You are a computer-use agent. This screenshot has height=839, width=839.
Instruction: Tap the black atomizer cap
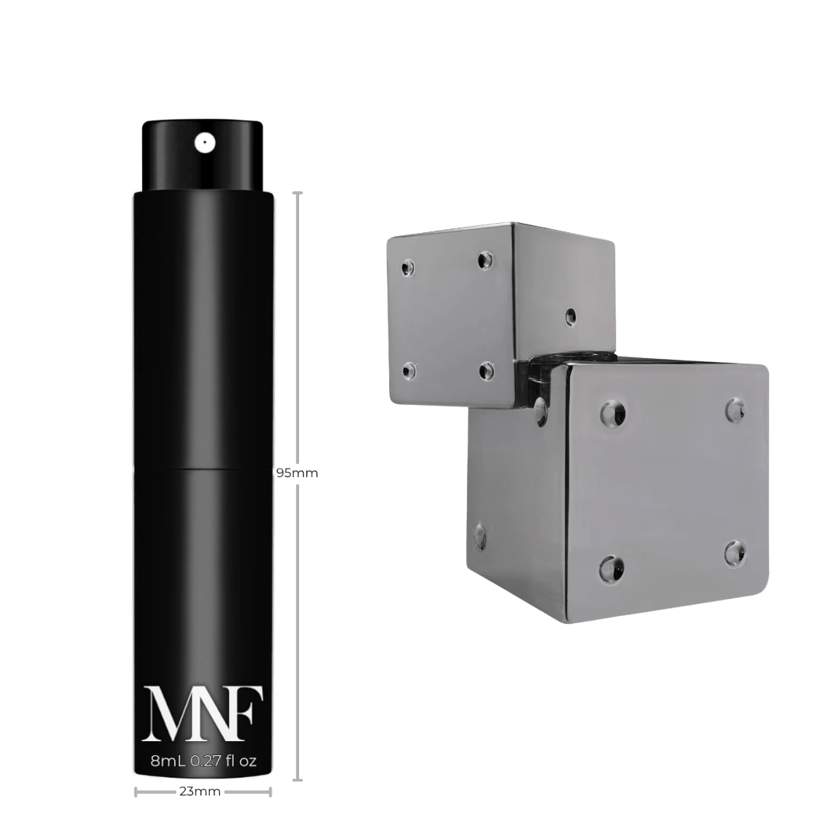[x=202, y=155]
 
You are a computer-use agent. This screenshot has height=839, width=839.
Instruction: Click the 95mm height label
[x=297, y=473]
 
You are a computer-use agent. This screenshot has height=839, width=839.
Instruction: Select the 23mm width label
[x=200, y=792]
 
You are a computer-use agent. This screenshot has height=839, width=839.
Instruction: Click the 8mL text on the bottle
[x=168, y=761]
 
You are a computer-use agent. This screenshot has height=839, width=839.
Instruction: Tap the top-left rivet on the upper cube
[x=409, y=267]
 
